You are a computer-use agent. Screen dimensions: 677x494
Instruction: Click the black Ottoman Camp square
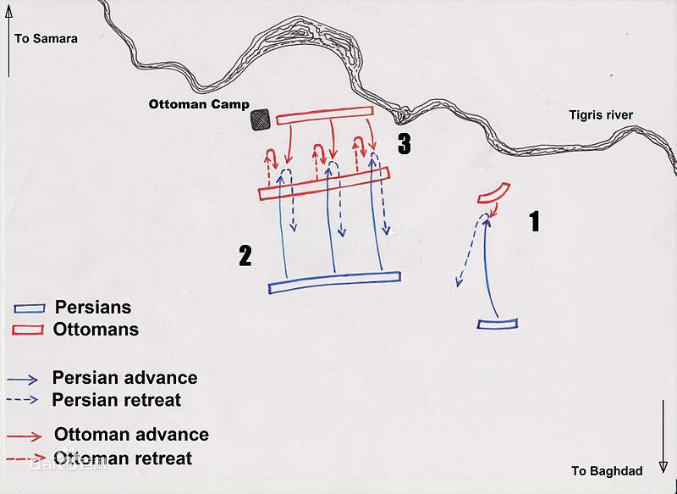point(261,119)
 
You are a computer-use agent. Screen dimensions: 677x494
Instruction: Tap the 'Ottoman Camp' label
point(199,104)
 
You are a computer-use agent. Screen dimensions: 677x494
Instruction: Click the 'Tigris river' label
point(601,115)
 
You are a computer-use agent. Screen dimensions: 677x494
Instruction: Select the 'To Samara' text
point(47,38)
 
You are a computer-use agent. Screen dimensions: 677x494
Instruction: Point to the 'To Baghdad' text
point(607,470)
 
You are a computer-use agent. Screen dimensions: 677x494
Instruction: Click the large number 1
point(535,221)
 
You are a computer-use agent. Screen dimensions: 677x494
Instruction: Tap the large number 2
point(245,256)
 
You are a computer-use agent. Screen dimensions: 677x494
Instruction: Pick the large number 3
point(405,144)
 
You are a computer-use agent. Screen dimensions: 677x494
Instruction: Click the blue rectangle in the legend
point(30,308)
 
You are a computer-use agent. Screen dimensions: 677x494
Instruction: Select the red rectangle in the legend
point(28,330)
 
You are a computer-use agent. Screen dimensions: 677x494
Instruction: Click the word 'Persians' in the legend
point(93,308)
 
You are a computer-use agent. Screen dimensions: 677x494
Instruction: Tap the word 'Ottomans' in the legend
point(96,330)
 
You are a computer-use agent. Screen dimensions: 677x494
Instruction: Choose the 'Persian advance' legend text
point(124,378)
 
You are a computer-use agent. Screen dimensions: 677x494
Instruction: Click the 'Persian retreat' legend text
point(117,400)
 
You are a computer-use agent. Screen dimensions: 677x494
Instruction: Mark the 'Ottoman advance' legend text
point(132,435)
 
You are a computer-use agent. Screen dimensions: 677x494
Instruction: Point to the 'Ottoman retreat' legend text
point(123,458)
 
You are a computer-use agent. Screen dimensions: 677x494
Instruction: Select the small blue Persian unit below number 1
point(498,324)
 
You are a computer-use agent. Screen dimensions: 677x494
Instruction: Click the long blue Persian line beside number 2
point(334,283)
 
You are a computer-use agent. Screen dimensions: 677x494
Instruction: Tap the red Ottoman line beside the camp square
point(325,115)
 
